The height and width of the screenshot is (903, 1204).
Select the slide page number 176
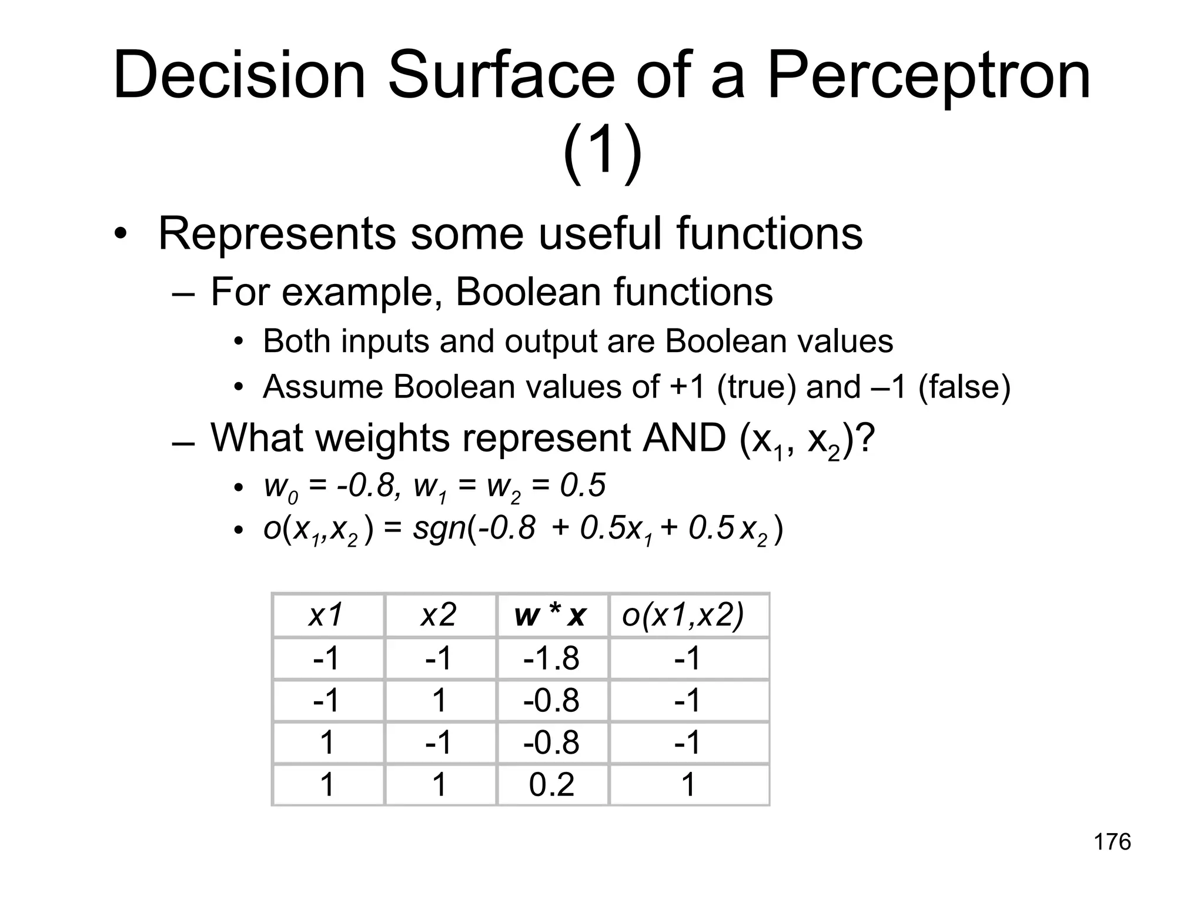pos(1112,842)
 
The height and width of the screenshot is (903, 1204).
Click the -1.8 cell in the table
pos(551,658)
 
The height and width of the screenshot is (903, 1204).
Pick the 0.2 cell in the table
pos(551,785)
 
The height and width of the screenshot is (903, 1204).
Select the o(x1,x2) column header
pos(683,616)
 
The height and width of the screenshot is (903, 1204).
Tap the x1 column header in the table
pos(326,616)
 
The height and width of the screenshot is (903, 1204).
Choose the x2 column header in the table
pos(439,616)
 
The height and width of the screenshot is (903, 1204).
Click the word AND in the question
pos(684,438)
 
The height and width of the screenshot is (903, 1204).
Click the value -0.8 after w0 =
pos(365,486)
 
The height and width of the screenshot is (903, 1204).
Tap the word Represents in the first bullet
pos(277,234)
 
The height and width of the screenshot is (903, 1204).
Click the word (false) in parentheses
pos(964,387)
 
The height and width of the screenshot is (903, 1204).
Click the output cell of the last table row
pos(688,785)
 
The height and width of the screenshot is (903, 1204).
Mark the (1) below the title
pos(602,153)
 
